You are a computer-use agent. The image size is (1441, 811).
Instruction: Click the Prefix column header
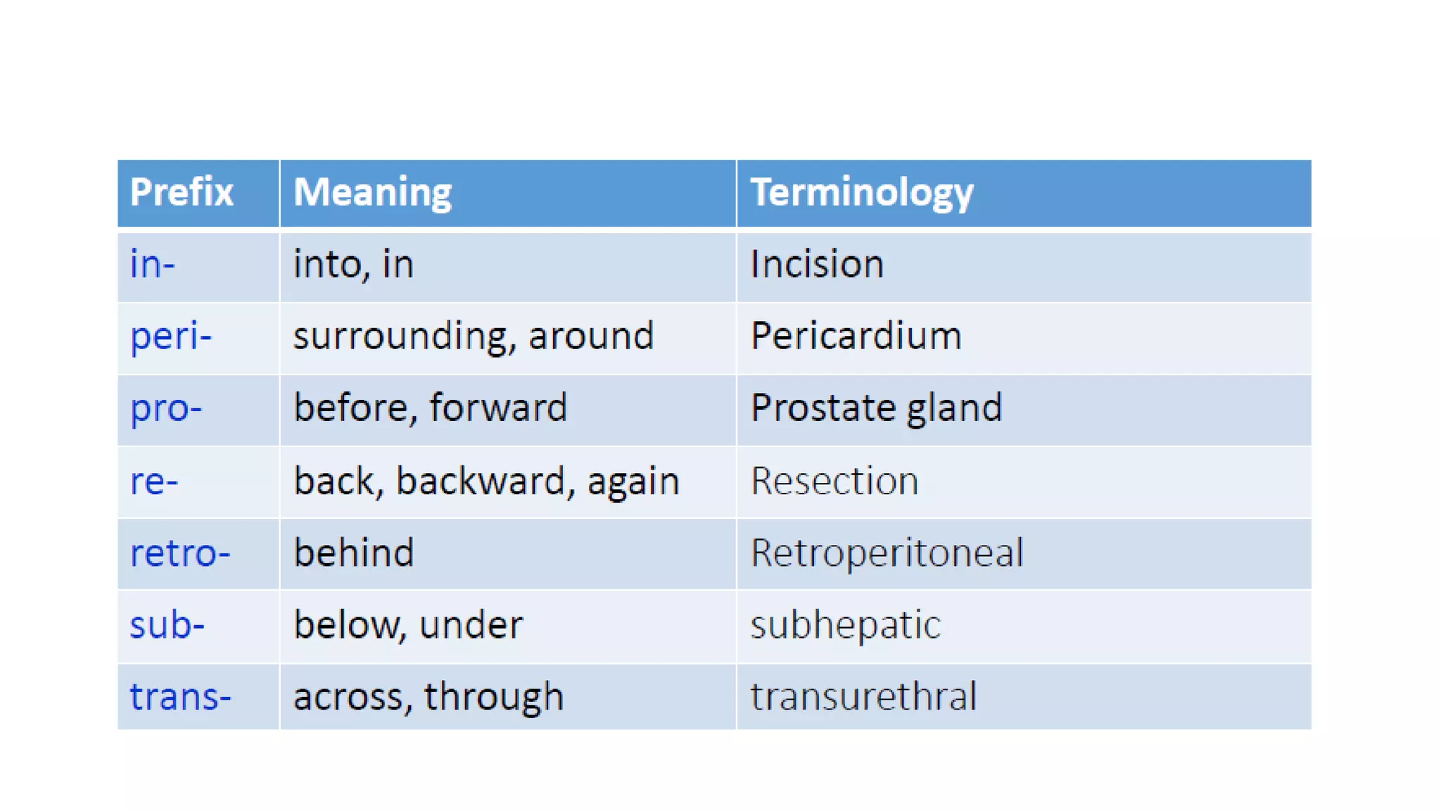click(x=182, y=192)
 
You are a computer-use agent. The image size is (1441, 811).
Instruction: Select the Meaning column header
click(x=372, y=192)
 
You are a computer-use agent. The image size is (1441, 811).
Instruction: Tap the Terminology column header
click(x=861, y=192)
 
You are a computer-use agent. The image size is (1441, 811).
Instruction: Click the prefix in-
click(x=152, y=265)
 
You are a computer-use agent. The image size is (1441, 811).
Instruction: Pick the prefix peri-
click(x=170, y=337)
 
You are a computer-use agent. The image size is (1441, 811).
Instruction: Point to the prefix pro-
click(x=165, y=408)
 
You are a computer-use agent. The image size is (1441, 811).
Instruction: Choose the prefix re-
click(x=154, y=482)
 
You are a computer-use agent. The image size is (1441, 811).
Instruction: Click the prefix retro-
click(x=180, y=553)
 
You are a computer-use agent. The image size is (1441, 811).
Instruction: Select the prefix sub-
click(x=167, y=625)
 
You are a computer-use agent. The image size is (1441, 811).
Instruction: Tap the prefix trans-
click(x=180, y=697)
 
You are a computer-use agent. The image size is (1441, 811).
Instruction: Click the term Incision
click(x=816, y=265)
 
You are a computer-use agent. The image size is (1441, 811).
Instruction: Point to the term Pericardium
click(x=856, y=336)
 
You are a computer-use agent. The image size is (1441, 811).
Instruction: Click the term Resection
click(x=834, y=482)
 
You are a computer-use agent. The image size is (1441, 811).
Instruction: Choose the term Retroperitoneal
click(x=887, y=553)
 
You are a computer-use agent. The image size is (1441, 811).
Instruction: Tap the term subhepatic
click(x=845, y=625)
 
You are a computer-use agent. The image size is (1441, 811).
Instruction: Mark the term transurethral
click(x=863, y=697)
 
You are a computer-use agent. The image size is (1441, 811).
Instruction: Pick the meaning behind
click(x=353, y=553)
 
